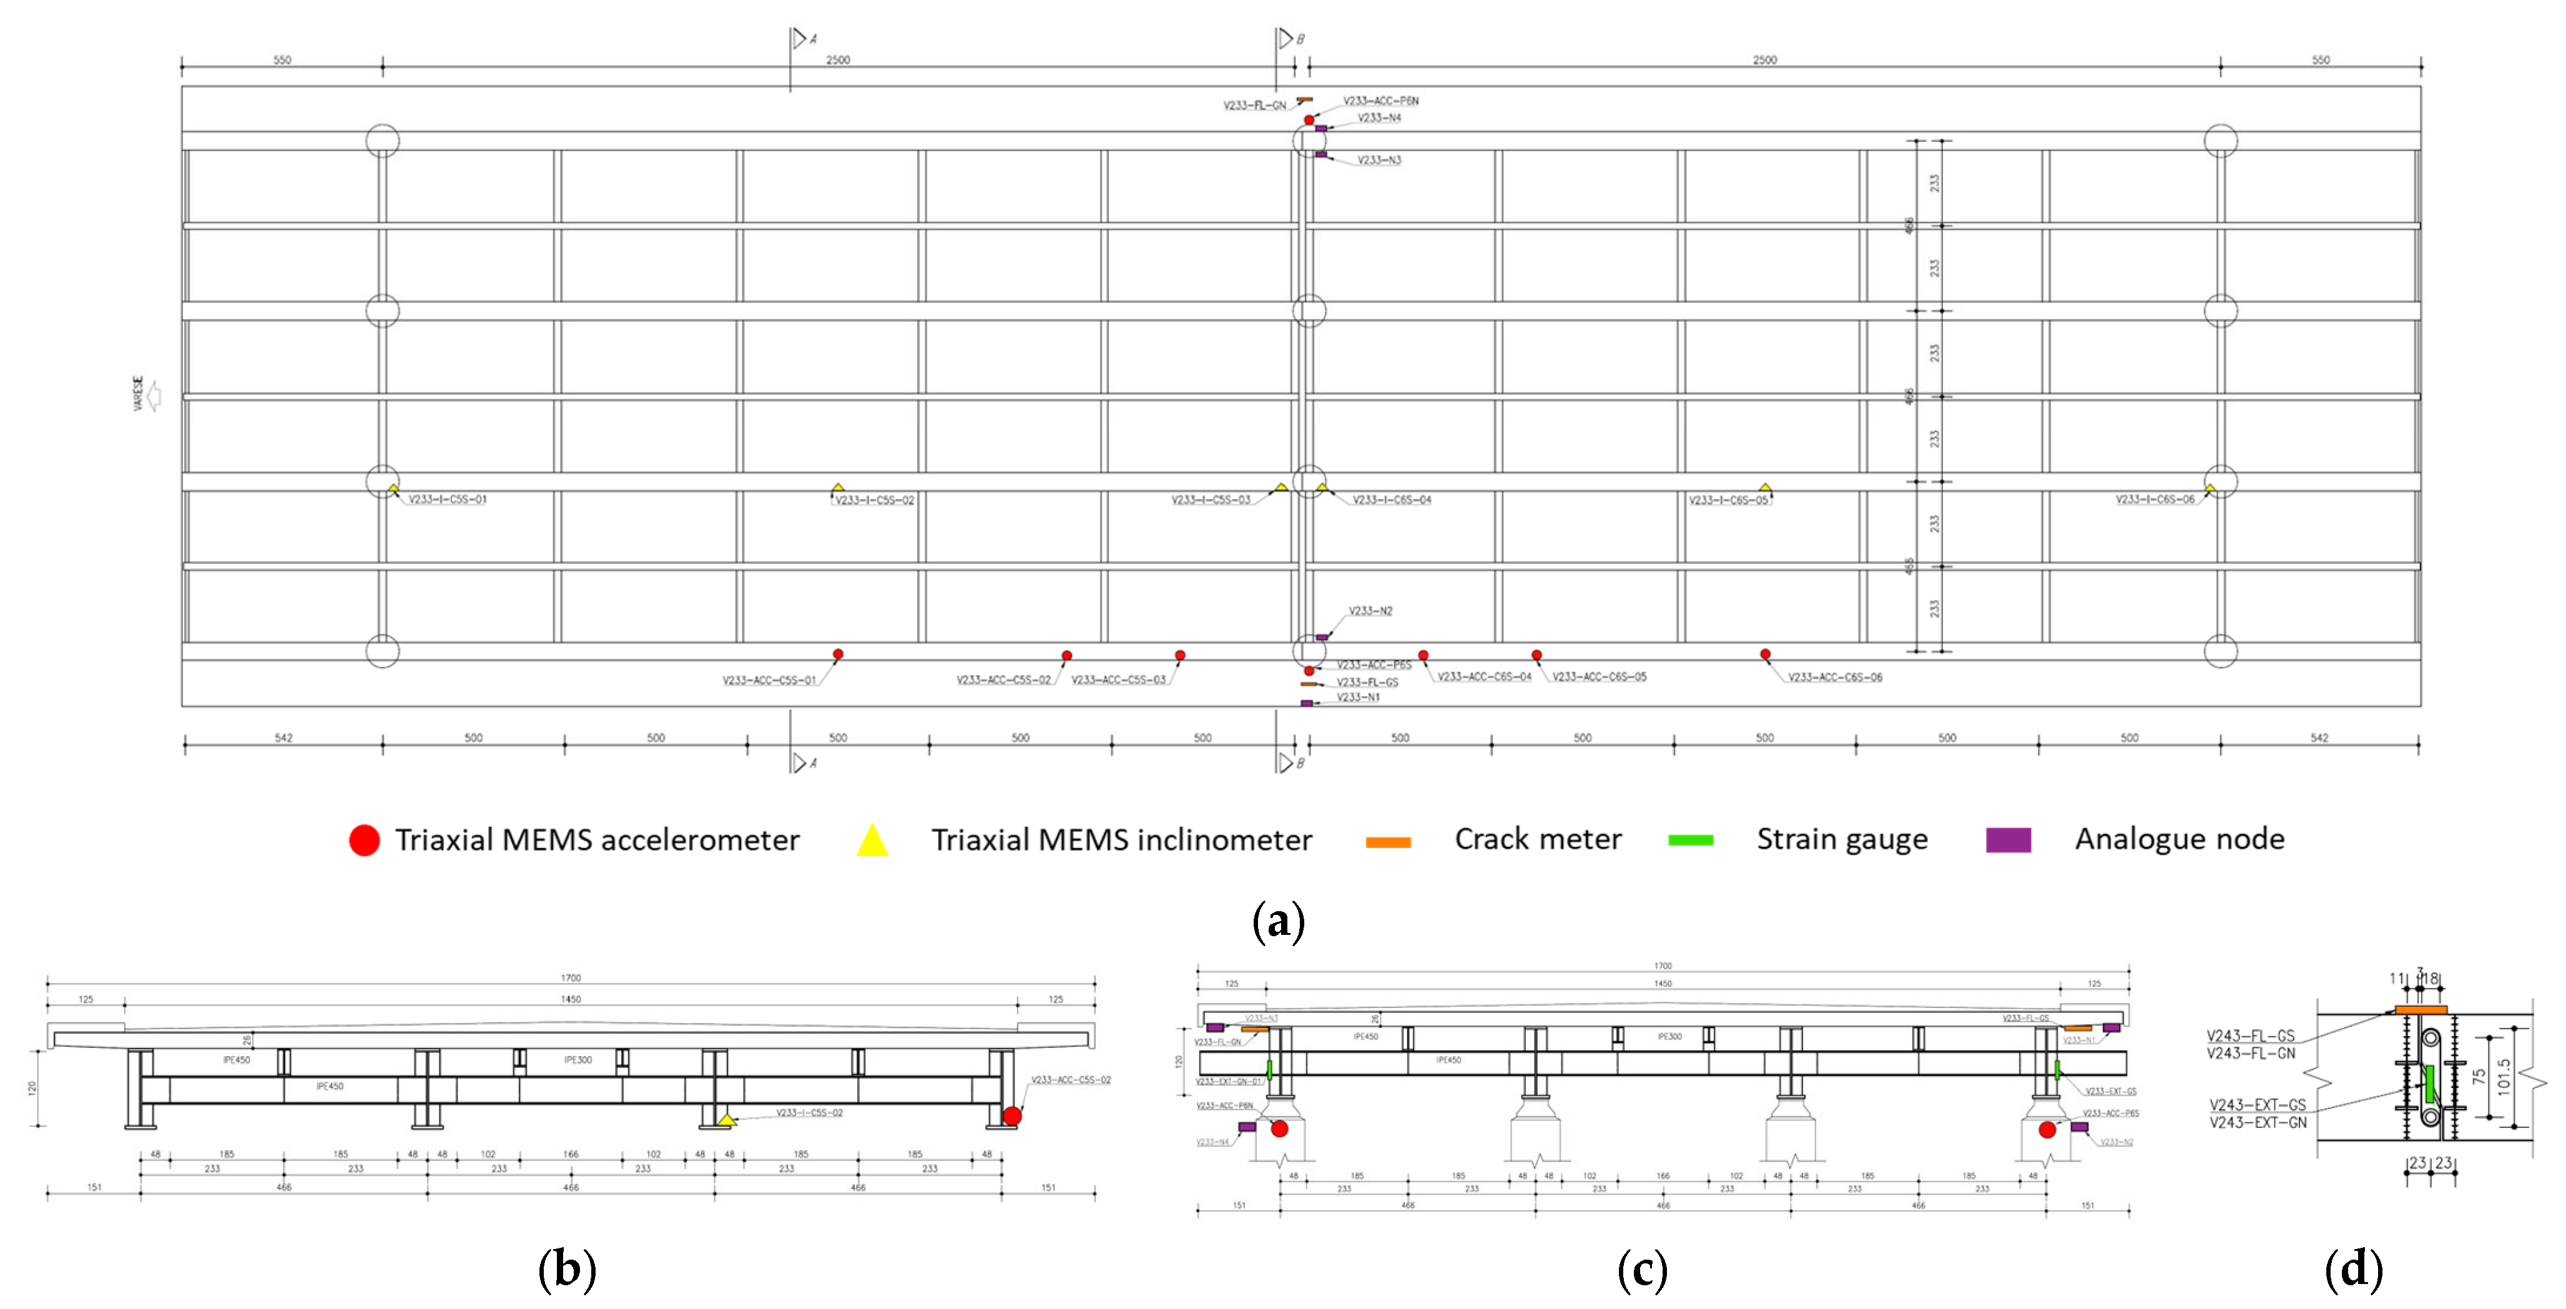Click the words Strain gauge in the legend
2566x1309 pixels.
1842,839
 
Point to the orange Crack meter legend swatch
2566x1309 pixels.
1388,842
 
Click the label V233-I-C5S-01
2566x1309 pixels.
447,499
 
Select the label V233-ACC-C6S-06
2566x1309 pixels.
1835,678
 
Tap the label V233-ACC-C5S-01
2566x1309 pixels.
769,680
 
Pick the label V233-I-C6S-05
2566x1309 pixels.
1728,500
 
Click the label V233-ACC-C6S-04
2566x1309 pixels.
1484,676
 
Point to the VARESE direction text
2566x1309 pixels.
139,393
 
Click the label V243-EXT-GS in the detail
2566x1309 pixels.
2257,1105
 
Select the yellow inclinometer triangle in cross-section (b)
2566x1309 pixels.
727,1120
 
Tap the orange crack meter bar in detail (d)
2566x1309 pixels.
2421,1010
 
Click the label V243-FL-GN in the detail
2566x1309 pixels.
2250,1053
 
